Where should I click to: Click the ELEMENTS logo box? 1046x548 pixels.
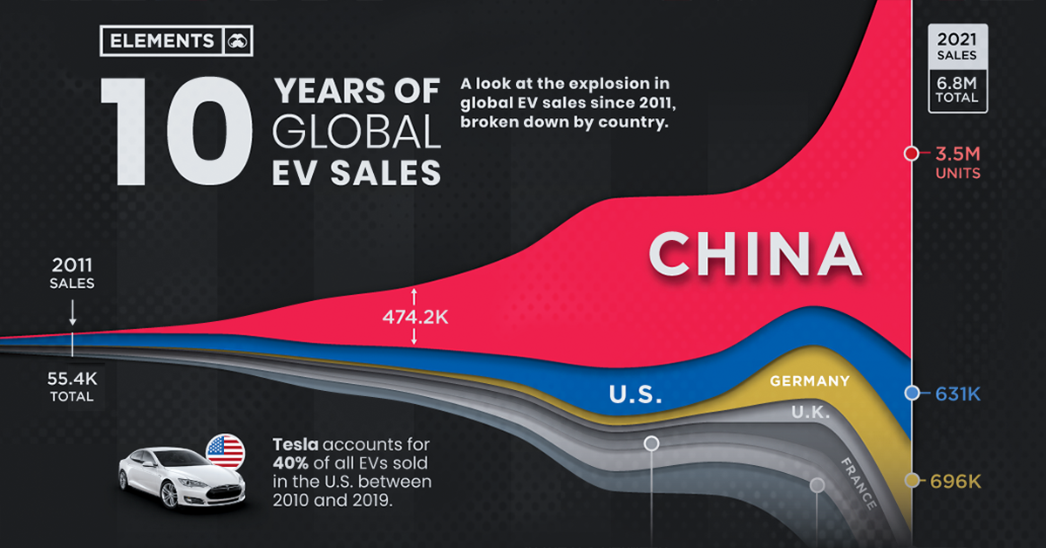(173, 40)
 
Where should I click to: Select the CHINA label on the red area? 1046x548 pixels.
(755, 254)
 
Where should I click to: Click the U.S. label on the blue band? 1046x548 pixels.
(635, 394)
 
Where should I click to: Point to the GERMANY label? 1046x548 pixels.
(809, 380)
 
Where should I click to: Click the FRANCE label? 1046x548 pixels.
(858, 483)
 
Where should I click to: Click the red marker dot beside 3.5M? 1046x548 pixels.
(912, 154)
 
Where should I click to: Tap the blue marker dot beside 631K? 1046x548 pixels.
(912, 394)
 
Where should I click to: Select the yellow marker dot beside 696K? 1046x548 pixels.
(912, 481)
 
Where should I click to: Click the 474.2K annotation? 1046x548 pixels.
(415, 319)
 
